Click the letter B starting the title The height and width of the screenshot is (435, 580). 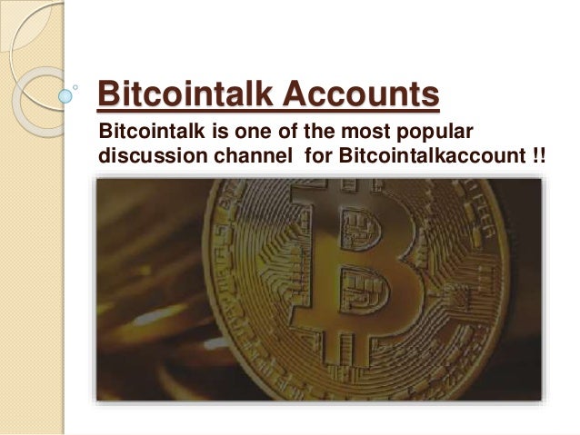click(x=107, y=94)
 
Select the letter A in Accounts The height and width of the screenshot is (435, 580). click(x=295, y=94)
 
